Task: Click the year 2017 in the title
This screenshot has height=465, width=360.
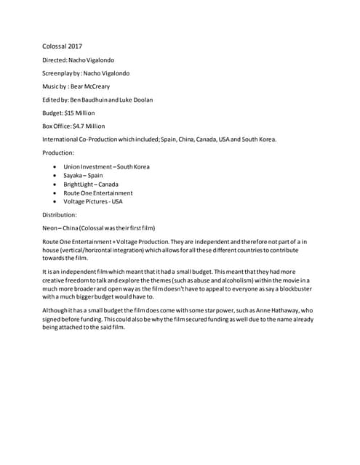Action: (x=75, y=46)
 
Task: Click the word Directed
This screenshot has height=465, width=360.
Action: (x=54, y=60)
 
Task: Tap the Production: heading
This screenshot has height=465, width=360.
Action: (x=58, y=153)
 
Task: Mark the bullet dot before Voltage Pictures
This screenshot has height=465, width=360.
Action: (x=55, y=202)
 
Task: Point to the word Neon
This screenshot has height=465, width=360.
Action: (x=49, y=228)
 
